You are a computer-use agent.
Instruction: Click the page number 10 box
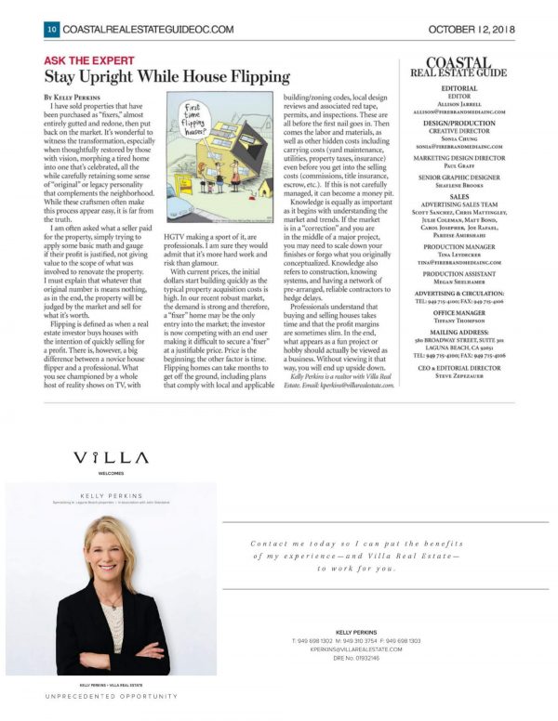pos(51,29)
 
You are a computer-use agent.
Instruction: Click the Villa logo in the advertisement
pos(111,458)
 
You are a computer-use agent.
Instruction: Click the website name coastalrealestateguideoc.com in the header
pos(149,29)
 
